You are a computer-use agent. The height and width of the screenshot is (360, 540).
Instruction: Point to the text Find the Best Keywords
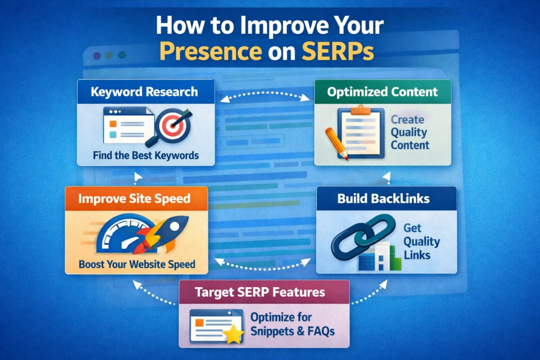[146, 155]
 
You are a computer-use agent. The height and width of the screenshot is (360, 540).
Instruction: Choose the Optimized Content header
[382, 92]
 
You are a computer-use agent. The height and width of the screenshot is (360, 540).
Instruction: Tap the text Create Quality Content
[409, 132]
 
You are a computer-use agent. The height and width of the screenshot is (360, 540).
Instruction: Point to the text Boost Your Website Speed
[137, 264]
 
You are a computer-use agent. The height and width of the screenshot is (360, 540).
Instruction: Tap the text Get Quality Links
[421, 242]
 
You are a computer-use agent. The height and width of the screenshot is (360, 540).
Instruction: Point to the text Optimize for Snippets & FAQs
[292, 325]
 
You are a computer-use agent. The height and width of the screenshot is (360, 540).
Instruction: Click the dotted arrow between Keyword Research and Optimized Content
[264, 95]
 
